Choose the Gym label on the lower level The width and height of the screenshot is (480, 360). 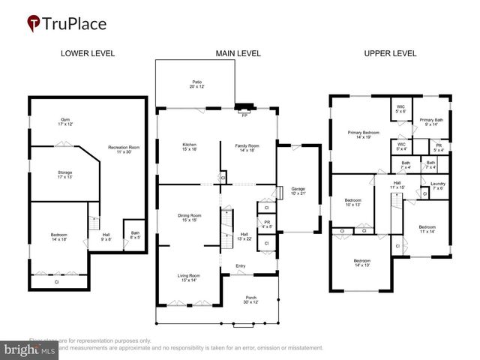pyautogui.click(x=65, y=121)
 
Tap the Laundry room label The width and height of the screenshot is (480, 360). pyautogui.click(x=438, y=185)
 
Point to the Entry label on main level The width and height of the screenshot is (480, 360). pyautogui.click(x=241, y=266)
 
